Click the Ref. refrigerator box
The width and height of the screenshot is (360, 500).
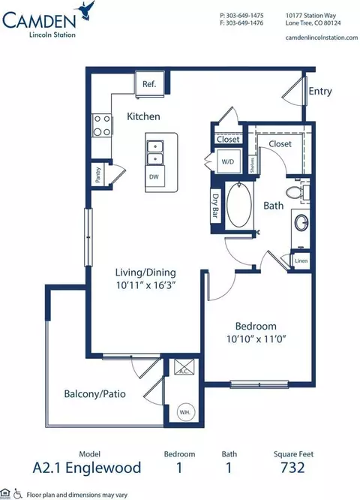tap(149, 84)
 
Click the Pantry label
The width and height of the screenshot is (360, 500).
tap(97, 173)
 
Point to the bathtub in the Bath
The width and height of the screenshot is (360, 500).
tap(241, 205)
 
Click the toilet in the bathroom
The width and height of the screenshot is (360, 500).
tap(301, 194)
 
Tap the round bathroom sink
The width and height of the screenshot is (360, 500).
tap(301, 224)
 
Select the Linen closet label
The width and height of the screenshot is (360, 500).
tap(301, 261)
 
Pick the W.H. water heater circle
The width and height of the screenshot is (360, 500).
tap(184, 411)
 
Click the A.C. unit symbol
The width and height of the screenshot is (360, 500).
tap(183, 369)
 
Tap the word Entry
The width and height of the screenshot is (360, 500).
tap(320, 91)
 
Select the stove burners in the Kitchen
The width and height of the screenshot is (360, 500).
tap(101, 125)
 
